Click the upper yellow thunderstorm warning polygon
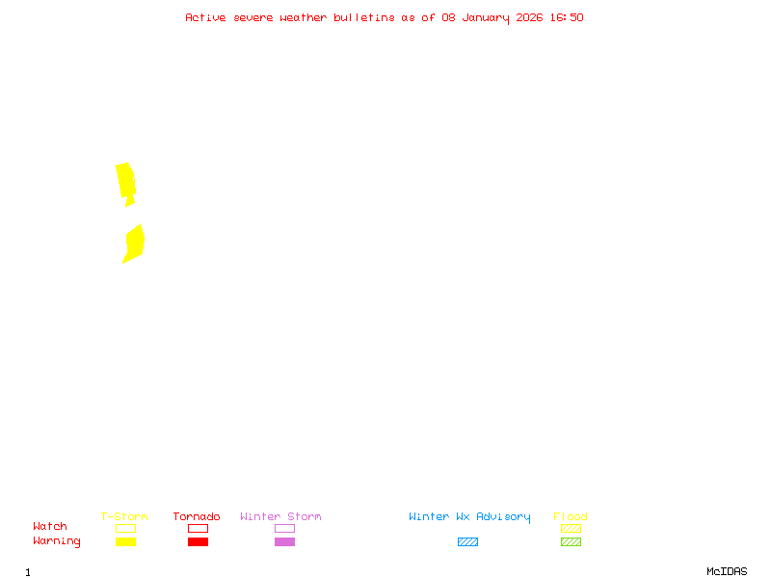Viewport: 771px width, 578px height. tap(125, 180)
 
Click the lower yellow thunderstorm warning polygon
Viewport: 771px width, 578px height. tap(134, 242)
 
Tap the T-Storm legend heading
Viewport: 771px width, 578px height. tap(124, 517)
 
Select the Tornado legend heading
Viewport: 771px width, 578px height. tap(197, 517)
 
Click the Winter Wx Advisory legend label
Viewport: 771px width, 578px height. tap(469, 517)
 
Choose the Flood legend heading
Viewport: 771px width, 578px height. tap(571, 517)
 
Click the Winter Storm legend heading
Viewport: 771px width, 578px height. tap(280, 517)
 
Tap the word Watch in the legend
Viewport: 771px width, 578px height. tap(50, 527)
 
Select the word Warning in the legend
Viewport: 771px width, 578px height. tap(57, 541)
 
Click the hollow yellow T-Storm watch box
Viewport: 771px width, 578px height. tap(125, 528)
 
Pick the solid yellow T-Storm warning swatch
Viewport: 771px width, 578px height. tap(125, 541)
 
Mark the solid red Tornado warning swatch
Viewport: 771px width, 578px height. tap(198, 541)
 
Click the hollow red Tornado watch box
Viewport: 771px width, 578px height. tap(198, 528)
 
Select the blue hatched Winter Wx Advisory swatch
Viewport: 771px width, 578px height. tap(467, 541)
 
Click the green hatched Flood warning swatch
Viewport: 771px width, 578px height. tap(571, 541)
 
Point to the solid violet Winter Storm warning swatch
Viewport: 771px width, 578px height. tap(284, 541)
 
